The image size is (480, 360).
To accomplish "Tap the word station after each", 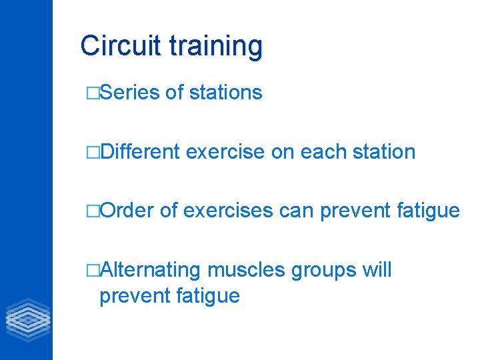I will click(x=383, y=152).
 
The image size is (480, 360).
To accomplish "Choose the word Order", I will click(x=127, y=211).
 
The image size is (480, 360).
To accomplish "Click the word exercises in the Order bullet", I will click(x=227, y=211).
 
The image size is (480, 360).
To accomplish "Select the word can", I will click(x=297, y=211).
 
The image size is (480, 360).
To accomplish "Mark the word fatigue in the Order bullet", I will click(x=427, y=211).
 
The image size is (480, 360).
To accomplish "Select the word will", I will click(x=377, y=270).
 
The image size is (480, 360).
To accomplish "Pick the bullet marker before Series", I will click(x=92, y=93).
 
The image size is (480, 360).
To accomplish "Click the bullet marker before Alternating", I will click(x=92, y=271).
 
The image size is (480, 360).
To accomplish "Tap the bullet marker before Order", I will click(x=92, y=211).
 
